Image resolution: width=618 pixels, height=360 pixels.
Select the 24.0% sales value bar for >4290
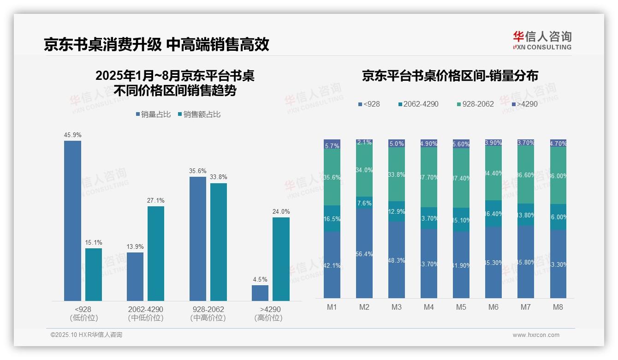281,259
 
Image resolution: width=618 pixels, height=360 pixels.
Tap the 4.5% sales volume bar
260,293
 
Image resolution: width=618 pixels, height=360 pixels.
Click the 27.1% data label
156,200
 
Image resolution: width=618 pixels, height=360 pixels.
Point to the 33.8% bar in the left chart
219,242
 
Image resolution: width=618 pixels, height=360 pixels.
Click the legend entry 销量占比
154,114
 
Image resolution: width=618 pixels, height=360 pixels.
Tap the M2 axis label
364,307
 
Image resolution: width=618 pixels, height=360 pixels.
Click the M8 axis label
558,307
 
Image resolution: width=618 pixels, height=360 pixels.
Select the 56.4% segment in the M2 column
364,253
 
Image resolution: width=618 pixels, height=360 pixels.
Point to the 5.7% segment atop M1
332,144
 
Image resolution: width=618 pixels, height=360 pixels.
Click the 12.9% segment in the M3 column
397,211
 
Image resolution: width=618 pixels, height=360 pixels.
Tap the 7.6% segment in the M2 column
364,203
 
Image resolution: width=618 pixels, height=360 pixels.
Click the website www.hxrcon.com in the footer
536,335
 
